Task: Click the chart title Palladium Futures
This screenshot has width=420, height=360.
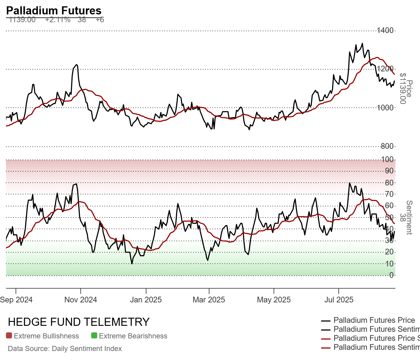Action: [x=54, y=10]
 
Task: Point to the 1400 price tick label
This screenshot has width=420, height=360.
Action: [x=385, y=30]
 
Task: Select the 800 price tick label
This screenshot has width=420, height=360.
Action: [x=387, y=146]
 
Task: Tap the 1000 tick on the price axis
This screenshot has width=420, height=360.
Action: [x=385, y=108]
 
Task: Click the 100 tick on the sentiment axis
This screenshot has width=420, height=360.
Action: [x=387, y=159]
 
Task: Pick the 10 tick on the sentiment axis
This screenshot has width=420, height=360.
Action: [x=389, y=264]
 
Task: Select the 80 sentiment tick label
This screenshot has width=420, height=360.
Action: [x=389, y=183]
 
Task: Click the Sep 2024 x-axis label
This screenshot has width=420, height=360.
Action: [x=16, y=300]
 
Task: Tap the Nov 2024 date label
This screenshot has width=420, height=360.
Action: [x=81, y=300]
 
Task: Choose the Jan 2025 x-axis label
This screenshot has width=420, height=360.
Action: [x=146, y=300]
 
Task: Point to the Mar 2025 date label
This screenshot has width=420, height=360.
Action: [x=209, y=300]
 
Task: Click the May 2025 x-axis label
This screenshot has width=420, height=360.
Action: [x=274, y=300]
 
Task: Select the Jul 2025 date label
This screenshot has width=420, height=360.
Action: [x=339, y=300]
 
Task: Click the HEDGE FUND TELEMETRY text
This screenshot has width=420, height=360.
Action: [x=79, y=322]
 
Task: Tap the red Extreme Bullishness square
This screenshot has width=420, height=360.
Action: [x=9, y=336]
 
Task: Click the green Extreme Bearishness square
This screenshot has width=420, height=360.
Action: [x=94, y=336]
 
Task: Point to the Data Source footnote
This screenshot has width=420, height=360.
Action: [x=65, y=349]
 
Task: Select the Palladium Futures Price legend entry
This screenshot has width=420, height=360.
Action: [x=374, y=320]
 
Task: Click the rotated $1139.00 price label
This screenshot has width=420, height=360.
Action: [x=403, y=88]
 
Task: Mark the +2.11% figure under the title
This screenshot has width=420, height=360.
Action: [x=58, y=20]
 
